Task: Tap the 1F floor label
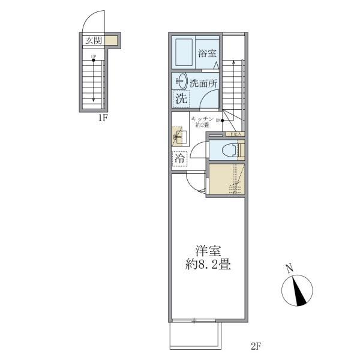[x=103, y=118]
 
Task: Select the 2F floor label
[x=256, y=346]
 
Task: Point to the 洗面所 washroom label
[x=204, y=83]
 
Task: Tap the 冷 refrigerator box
[x=179, y=159]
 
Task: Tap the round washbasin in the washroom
[x=179, y=81]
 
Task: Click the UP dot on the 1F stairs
[x=93, y=59]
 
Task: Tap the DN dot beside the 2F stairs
[x=223, y=121]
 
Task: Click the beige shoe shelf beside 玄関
[x=112, y=41]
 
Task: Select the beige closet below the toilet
[x=226, y=179]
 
